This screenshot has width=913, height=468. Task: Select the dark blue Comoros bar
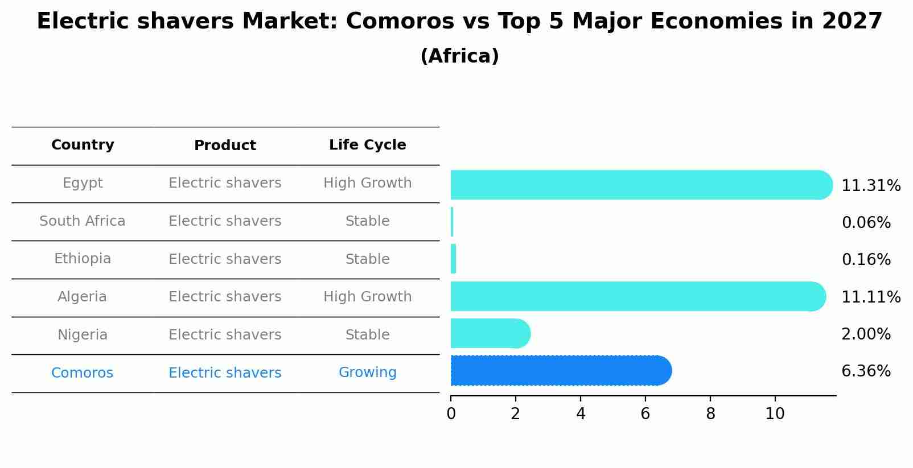[x=561, y=371]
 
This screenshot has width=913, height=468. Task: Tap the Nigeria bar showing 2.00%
[x=490, y=334]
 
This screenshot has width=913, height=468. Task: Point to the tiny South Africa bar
[x=452, y=222]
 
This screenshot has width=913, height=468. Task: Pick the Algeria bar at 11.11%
[x=638, y=296]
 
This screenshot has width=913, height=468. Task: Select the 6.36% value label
[x=866, y=371]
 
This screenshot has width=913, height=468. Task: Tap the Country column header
[x=83, y=145]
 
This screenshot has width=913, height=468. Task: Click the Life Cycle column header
[x=367, y=145]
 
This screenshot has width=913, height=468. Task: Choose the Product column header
[x=225, y=146]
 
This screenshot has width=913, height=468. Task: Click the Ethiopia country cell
[x=83, y=259]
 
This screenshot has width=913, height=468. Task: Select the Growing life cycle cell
[x=367, y=372]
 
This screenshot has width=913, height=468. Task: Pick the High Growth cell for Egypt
[x=367, y=183]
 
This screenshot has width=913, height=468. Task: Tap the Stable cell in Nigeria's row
[x=367, y=335]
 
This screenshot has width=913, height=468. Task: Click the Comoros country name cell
[x=82, y=373]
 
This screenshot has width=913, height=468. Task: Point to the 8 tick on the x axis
[x=710, y=414]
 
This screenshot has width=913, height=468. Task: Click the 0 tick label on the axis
[x=451, y=414]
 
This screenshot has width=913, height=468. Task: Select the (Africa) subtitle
[x=459, y=56]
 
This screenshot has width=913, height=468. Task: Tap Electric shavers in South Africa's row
[x=225, y=221]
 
